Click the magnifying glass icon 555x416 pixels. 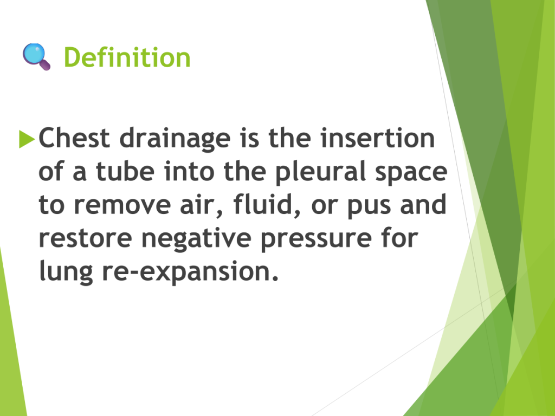pyautogui.click(x=36, y=56)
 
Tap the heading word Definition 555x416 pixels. pyautogui.click(x=127, y=57)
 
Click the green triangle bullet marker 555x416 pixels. pyautogui.click(x=27, y=139)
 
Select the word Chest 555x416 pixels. pyautogui.click(x=74, y=138)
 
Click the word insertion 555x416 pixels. pyautogui.click(x=378, y=138)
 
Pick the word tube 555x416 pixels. pyautogui.click(x=125, y=171)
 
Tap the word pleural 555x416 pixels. pyautogui.click(x=320, y=172)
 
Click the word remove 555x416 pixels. pyautogui.click(x=122, y=205)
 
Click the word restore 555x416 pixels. pyautogui.click(x=85, y=238)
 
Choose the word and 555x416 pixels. pyautogui.click(x=423, y=204)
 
